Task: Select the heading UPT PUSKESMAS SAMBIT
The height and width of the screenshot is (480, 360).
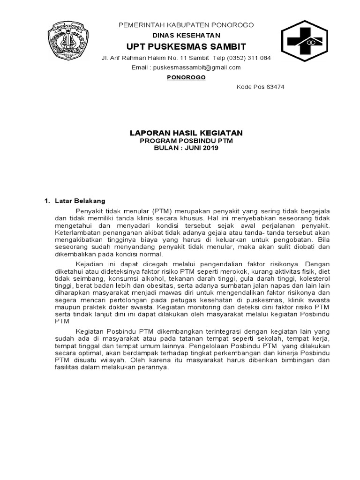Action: coord(186,47)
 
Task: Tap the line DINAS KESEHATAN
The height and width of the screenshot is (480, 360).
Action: coord(186,35)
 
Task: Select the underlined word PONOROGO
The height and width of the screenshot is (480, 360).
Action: coord(186,77)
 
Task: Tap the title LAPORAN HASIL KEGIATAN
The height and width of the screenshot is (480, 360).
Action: coord(186,133)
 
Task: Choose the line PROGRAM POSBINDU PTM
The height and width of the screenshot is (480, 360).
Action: coord(186,141)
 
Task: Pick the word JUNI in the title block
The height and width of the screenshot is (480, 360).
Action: coord(193,148)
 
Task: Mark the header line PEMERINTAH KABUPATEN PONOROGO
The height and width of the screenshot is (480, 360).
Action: coord(186,25)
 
